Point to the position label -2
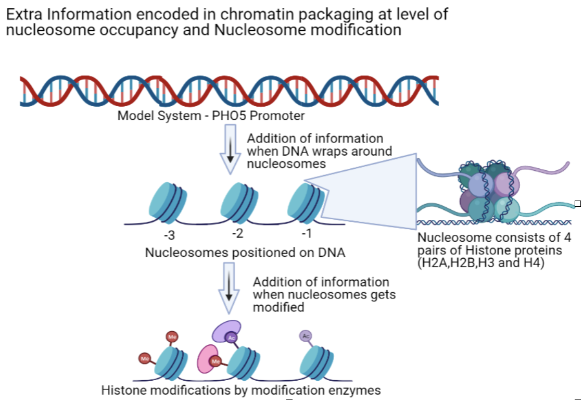237,233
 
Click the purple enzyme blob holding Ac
227,331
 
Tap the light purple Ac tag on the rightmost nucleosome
306,336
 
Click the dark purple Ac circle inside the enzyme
232,338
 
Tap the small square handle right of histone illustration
577,203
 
